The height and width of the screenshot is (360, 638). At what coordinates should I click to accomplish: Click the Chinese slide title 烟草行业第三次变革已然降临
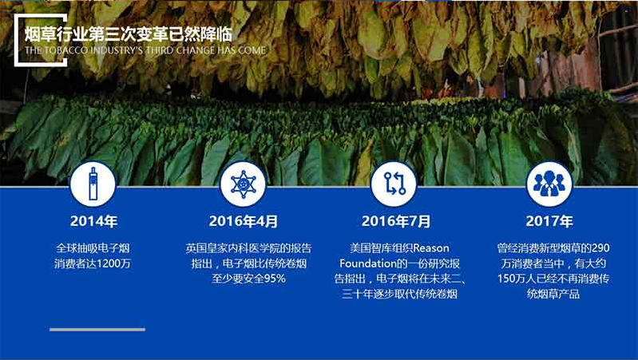point(129,34)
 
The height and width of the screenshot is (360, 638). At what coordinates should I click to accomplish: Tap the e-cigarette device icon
point(93,184)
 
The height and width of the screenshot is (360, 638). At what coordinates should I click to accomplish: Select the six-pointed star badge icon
point(243,184)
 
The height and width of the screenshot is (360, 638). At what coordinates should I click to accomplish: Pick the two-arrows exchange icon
point(394,184)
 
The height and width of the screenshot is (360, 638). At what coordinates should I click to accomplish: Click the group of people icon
point(549,184)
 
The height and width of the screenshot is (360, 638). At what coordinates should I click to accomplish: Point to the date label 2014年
point(93,221)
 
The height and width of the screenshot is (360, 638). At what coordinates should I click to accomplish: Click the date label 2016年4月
point(244,221)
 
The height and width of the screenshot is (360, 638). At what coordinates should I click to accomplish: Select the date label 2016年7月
point(396,221)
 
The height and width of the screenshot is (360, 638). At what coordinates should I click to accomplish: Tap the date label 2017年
point(549,221)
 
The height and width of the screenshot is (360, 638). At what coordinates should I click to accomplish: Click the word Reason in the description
point(431,248)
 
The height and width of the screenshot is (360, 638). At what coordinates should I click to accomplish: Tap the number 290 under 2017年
point(600,248)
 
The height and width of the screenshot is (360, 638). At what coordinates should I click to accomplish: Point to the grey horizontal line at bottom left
point(97,330)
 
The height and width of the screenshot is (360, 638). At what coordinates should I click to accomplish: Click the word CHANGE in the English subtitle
point(196,51)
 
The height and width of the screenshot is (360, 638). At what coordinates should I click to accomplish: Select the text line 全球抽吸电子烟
point(93,248)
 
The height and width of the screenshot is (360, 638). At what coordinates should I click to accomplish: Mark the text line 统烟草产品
point(553,294)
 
